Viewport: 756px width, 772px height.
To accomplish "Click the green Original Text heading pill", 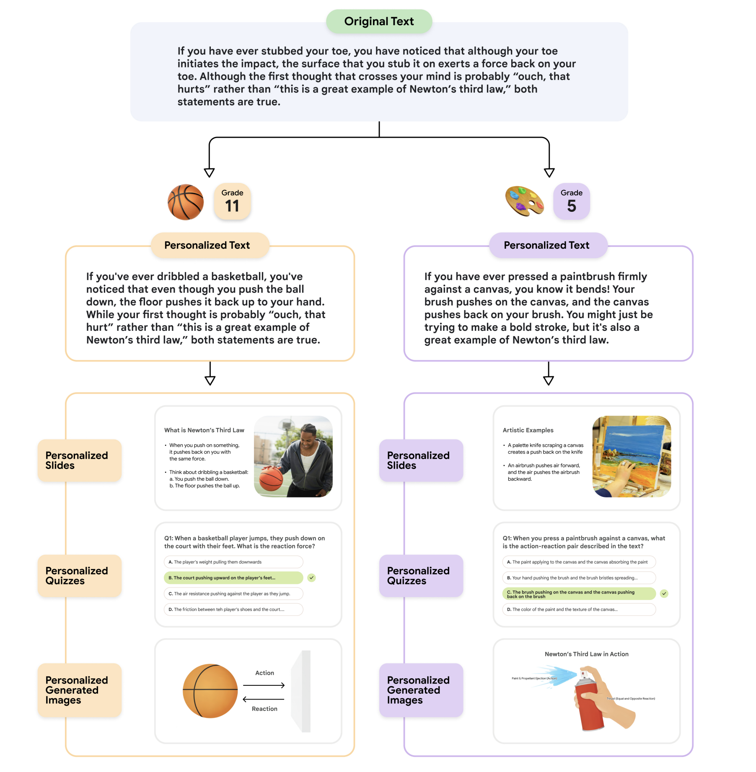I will point(379,21).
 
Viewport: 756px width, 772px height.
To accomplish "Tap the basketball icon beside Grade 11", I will point(186,202).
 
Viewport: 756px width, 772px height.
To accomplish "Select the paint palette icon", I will point(524,201).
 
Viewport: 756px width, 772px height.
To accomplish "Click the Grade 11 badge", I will point(232,201).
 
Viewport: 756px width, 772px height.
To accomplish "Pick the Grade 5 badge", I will point(571,201).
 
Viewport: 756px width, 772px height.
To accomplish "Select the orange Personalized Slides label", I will point(79,461).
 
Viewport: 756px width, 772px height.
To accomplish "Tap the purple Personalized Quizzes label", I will point(421,576).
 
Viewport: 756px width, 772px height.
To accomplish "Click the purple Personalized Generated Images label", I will point(421,690).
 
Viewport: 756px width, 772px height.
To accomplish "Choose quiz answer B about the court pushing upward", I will point(233,578).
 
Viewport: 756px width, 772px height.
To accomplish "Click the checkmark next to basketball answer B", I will point(311,578).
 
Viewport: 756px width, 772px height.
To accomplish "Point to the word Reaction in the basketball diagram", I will point(264,709).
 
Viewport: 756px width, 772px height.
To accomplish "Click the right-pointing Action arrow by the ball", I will point(264,685).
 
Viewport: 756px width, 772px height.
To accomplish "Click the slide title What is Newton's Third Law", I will point(204,430).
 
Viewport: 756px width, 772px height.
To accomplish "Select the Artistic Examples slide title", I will point(528,430).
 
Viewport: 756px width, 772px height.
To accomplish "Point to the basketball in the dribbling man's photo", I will point(271,479).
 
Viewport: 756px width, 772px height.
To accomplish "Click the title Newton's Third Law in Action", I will point(586,654).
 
